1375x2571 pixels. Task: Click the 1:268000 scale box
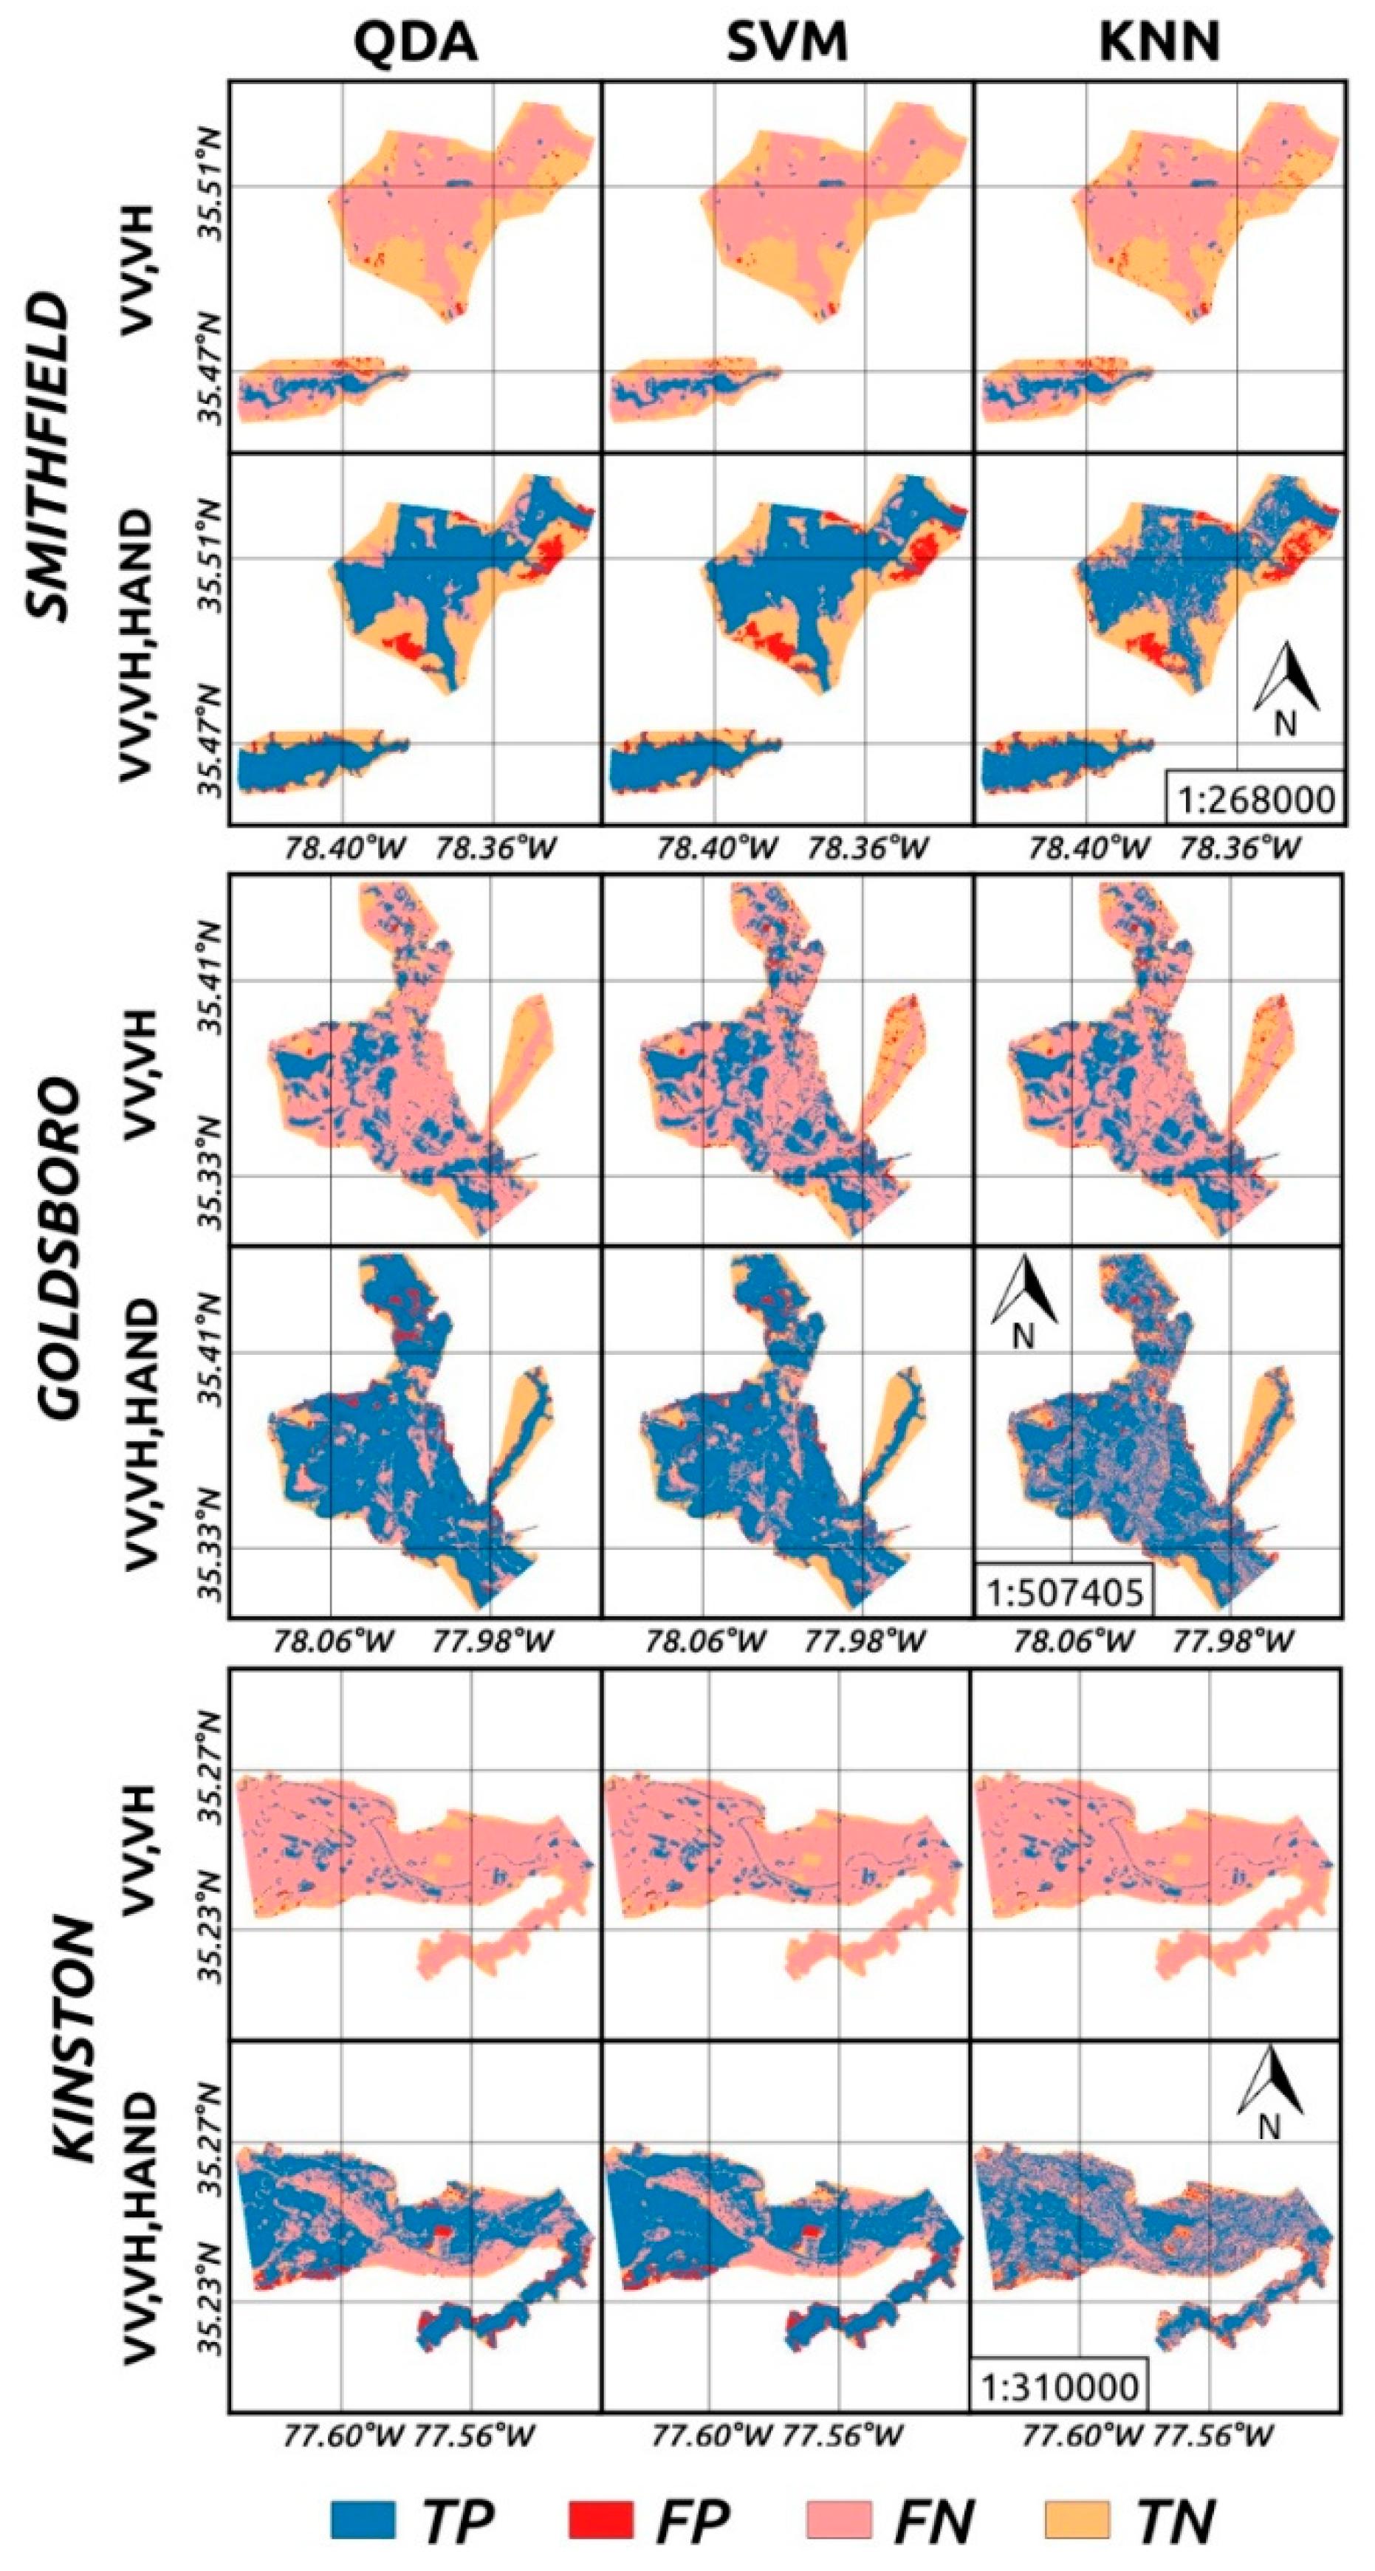1255,798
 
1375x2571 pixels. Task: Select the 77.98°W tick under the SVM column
861,1640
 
